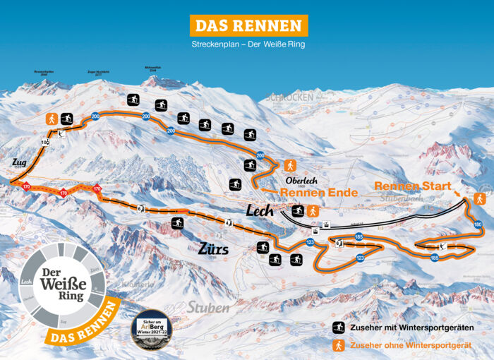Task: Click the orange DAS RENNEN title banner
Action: tap(249, 25)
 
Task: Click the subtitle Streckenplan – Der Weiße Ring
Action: tap(248, 44)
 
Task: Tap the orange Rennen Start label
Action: tap(412, 186)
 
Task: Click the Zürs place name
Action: tap(214, 249)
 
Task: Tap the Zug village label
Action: tap(19, 163)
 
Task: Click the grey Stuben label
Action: tap(208, 307)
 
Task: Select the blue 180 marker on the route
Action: tap(478, 224)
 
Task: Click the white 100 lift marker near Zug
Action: tap(45, 143)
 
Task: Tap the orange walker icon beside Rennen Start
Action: tap(480, 198)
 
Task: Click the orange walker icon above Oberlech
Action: tap(289, 165)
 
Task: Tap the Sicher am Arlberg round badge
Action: tap(152, 329)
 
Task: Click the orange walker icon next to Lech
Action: tap(313, 211)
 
